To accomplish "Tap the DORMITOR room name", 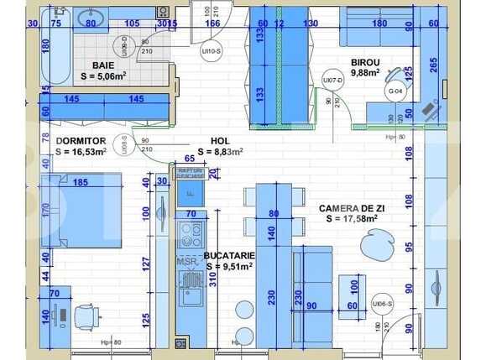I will (x=80, y=140).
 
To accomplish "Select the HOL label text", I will (x=220, y=141).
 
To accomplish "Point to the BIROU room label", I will (x=365, y=62).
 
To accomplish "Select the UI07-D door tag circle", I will (x=333, y=81).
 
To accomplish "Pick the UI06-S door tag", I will (x=383, y=304).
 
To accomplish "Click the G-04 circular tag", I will (x=395, y=91).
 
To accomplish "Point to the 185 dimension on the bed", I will (x=81, y=181).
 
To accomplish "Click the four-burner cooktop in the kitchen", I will (x=190, y=232).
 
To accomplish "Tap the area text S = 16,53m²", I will (x=81, y=152).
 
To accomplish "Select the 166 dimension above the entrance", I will (x=213, y=23).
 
